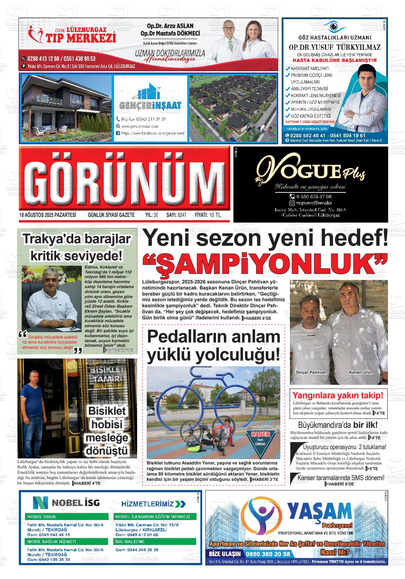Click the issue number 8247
coord(182,215)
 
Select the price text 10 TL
coord(215,215)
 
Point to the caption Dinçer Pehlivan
coord(311,372)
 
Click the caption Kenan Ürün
coord(361,372)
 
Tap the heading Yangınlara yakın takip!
coord(337,395)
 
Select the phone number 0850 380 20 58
coord(269,554)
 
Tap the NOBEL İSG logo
coord(66,503)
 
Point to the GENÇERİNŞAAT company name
coord(150,105)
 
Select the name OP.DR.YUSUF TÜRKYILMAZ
coord(334,47)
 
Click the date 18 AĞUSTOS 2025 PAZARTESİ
coord(48,215)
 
